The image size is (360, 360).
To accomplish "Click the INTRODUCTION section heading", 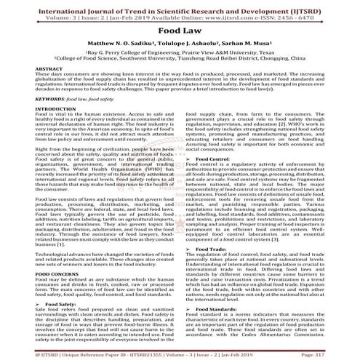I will coord(32,108).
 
